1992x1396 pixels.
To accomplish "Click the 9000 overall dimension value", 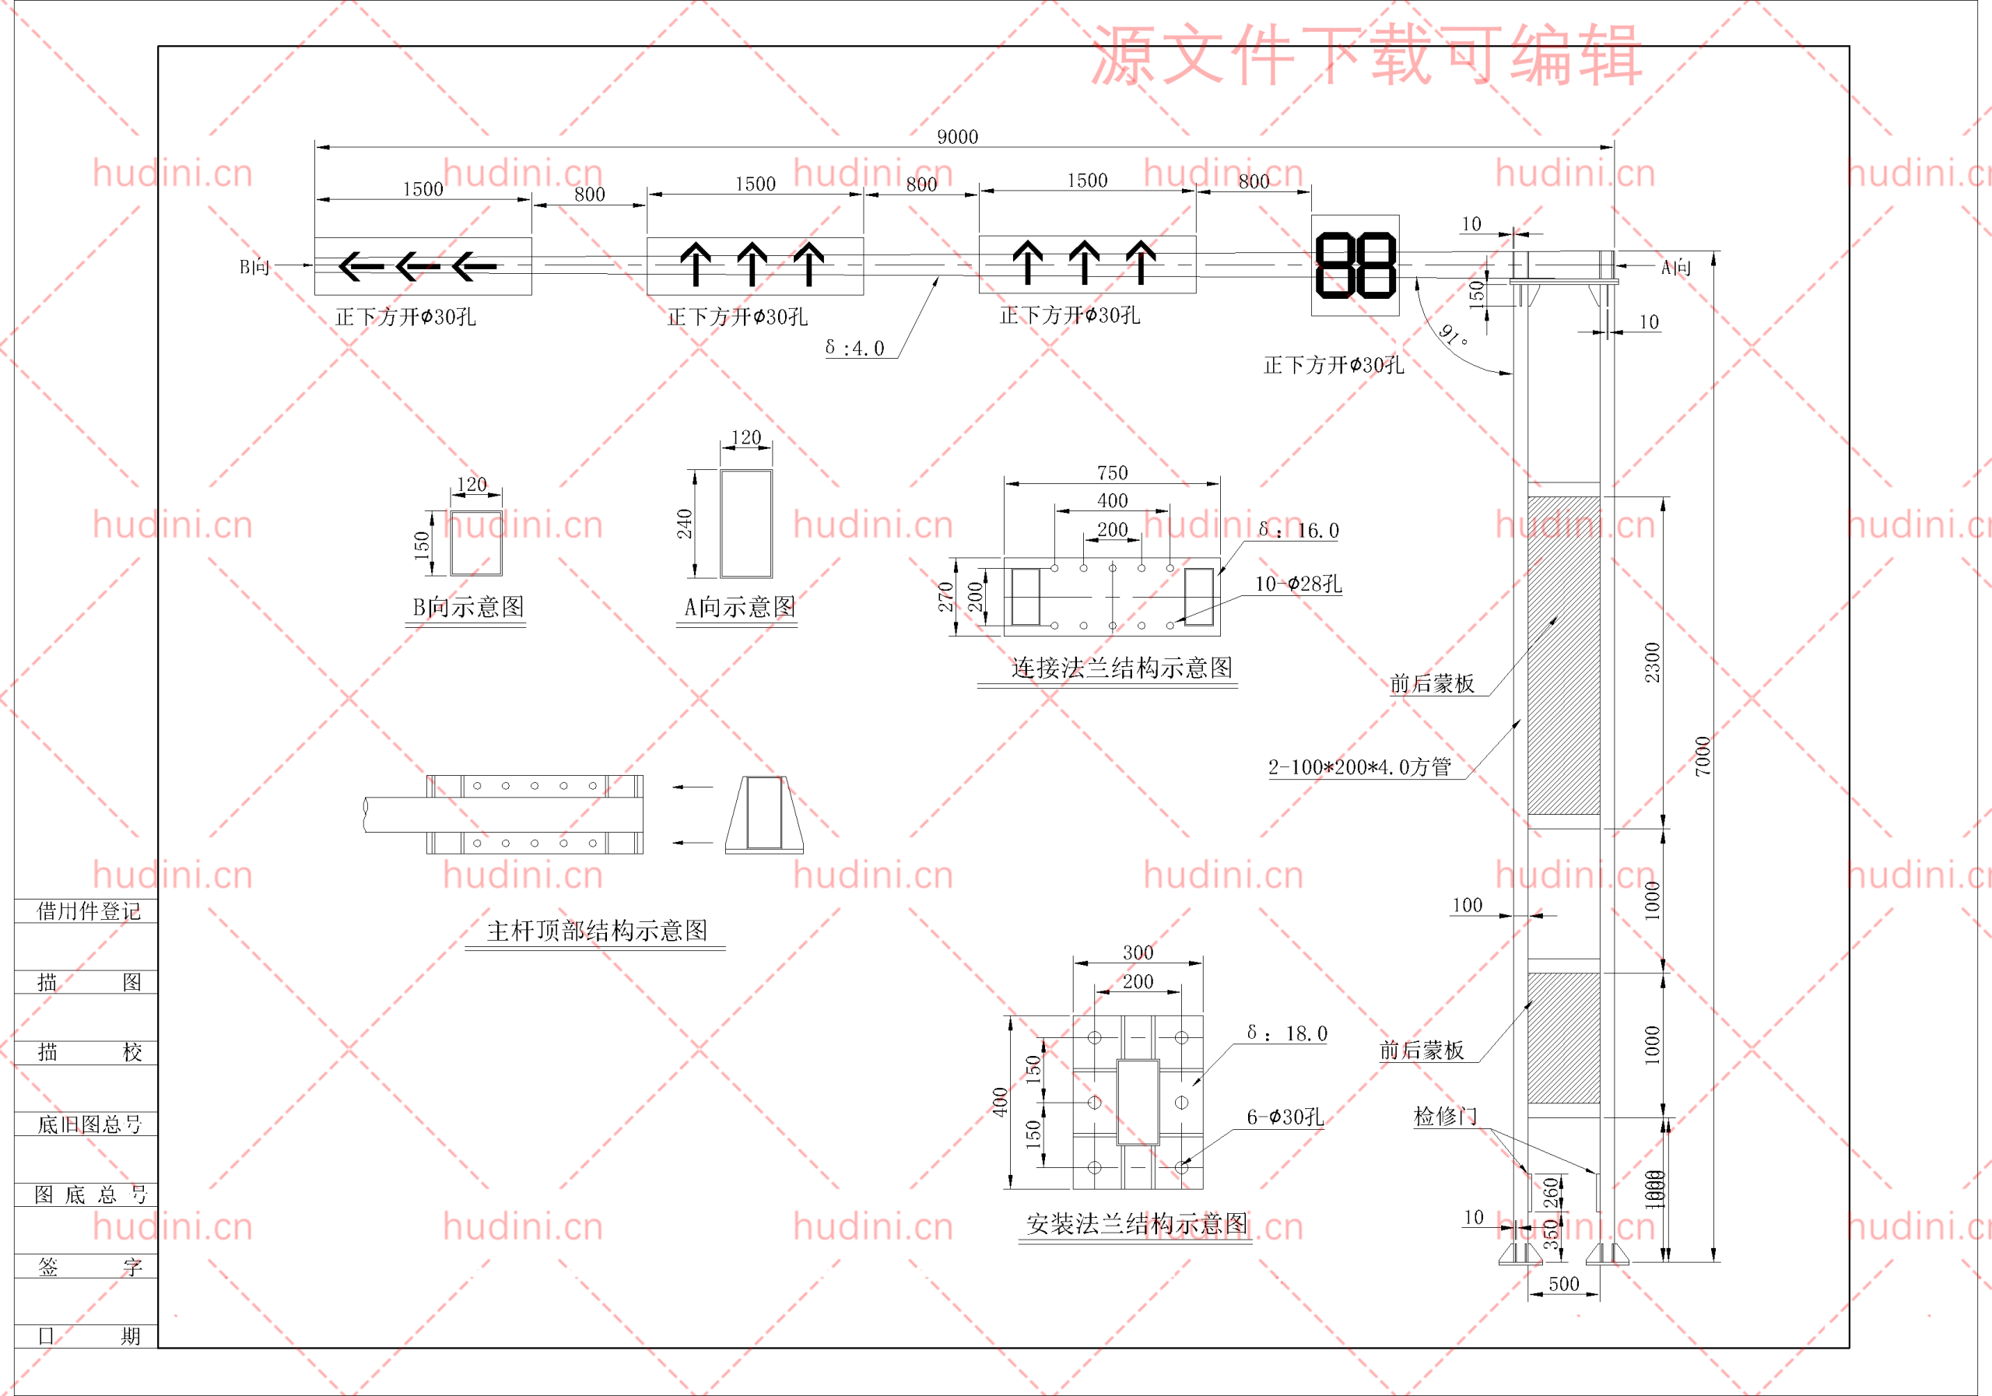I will (957, 137).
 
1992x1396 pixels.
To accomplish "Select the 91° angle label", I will (1454, 335).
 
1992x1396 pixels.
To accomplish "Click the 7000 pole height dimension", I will (1703, 755).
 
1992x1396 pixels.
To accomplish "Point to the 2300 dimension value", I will (1652, 662).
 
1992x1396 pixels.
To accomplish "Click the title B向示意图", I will (468, 607).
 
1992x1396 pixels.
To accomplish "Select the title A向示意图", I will (739, 607).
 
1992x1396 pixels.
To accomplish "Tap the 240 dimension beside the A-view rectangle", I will (685, 524).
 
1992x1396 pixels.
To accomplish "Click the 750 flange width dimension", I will (1112, 473).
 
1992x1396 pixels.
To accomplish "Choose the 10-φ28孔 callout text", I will (1298, 584).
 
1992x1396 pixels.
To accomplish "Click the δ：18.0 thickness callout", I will (1287, 1033).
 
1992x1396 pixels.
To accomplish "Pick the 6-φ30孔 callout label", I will (1285, 1117).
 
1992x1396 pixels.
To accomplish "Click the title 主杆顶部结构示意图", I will (597, 931).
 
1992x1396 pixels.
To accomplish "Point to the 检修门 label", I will (1444, 1117).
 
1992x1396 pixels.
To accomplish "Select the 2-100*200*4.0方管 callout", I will (1359, 767).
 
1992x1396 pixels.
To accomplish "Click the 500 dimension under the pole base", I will (1563, 1284).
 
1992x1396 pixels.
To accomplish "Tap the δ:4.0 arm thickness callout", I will (854, 348).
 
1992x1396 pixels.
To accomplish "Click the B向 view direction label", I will (254, 267).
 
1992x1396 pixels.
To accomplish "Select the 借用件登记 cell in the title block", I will (88, 911).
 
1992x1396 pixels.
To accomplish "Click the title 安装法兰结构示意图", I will (1137, 1224).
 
